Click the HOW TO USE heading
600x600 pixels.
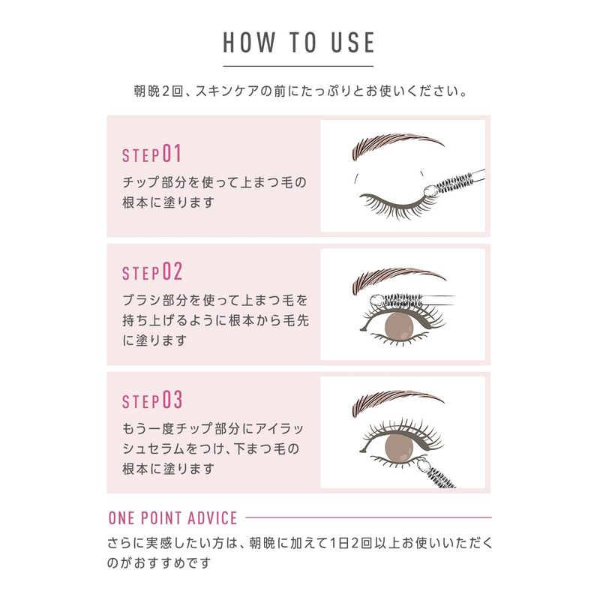point(298,42)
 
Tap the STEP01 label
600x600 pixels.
point(151,154)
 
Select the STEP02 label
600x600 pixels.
point(152,272)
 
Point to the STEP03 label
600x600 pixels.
point(152,400)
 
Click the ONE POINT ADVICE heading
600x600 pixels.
point(173,518)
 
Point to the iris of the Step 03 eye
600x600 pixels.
point(399,447)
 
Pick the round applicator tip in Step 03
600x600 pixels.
point(423,465)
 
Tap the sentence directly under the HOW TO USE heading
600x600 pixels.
point(300,91)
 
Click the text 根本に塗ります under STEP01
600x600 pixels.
point(168,202)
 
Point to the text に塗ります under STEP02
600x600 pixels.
point(154,340)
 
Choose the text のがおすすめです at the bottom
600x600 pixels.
point(159,563)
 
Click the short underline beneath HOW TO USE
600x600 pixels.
point(298,66)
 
